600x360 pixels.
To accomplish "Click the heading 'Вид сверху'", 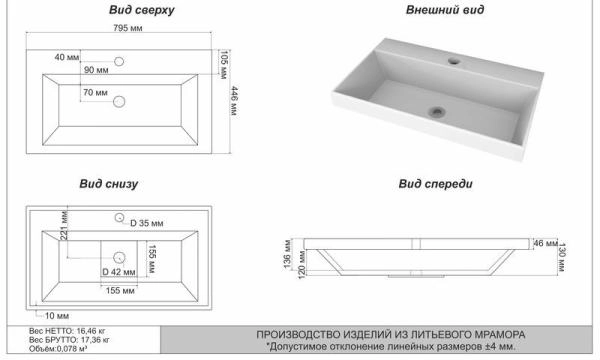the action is tap(142, 10).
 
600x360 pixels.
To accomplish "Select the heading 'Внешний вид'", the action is tap(445, 10).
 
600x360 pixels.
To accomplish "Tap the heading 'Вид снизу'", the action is tap(109, 184).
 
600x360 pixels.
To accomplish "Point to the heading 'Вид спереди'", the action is tap(435, 184).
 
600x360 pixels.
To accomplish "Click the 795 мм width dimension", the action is tap(128, 28).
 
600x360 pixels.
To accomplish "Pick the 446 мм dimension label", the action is tap(234, 101).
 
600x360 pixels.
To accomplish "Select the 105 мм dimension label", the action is tap(224, 64).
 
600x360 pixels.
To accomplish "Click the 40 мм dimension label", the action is tap(67, 57).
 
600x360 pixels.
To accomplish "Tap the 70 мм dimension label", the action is tap(95, 93).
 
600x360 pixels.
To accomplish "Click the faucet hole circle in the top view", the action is tap(119, 61).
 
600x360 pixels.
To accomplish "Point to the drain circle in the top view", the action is tap(119, 101).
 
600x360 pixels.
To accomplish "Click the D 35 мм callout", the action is tap(147, 223).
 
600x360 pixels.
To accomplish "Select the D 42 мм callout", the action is tap(119, 272).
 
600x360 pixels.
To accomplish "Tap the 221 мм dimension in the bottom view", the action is tap(64, 226).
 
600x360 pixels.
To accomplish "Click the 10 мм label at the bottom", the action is tap(57, 316).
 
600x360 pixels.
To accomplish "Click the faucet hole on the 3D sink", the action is tap(454, 60).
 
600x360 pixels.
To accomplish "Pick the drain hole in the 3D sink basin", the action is tap(437, 112).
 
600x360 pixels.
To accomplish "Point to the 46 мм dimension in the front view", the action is tap(545, 243).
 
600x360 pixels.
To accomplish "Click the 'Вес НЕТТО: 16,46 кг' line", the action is tap(67, 331).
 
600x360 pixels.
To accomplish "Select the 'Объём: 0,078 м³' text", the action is tap(58, 349).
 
